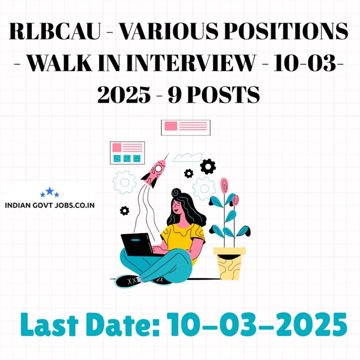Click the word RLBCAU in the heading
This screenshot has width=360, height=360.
tap(55, 31)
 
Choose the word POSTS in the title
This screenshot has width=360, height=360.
tap(223, 94)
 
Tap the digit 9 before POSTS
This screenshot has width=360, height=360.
tap(175, 94)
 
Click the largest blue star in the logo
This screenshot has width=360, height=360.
tap(50, 191)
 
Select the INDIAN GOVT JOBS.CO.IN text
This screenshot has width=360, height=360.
tap(50, 205)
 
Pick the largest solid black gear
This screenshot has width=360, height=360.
tap(208, 166)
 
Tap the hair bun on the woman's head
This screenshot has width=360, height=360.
tap(176, 193)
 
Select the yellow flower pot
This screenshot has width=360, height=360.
tap(229, 263)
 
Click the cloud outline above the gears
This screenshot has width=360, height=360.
tap(187, 157)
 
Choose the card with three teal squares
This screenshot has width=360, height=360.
tap(127, 153)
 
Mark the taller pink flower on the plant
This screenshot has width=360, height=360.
tap(225, 186)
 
